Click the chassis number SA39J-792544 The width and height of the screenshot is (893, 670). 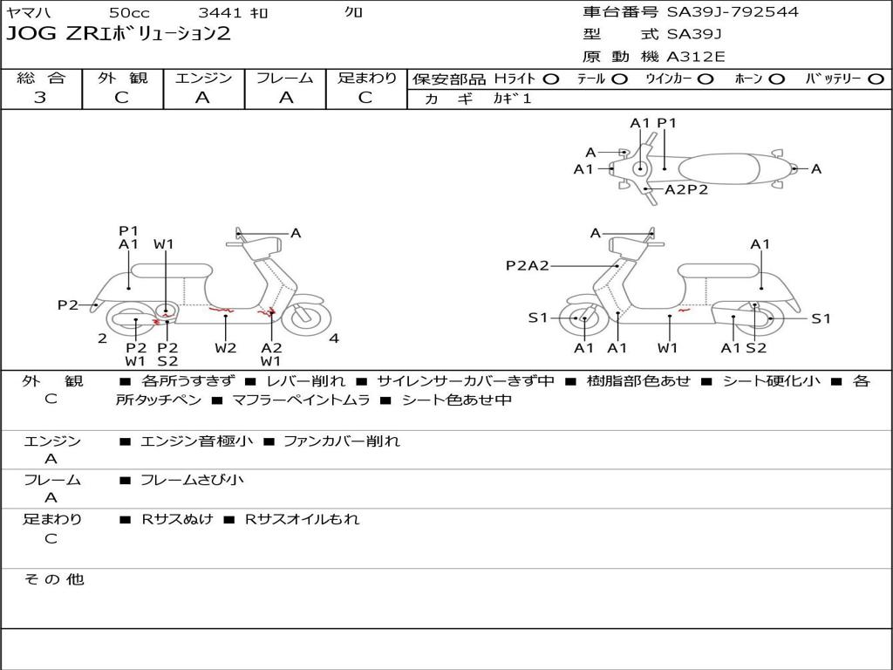(x=733, y=12)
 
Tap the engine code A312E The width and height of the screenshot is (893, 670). (x=695, y=57)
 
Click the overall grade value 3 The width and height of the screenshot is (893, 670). (x=39, y=98)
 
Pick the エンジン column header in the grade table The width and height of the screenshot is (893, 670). (x=203, y=78)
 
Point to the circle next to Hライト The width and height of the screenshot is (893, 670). (x=550, y=79)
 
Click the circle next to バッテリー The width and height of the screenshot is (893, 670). (x=876, y=79)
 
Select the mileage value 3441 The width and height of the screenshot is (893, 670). (x=219, y=12)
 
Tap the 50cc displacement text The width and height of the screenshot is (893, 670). (x=129, y=12)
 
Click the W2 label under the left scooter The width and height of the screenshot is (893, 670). (x=226, y=347)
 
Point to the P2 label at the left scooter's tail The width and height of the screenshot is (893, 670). (x=68, y=304)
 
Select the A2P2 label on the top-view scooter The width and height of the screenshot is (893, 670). (x=686, y=189)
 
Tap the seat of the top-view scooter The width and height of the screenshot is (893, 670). (x=719, y=169)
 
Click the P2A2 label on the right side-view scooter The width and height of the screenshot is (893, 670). (x=528, y=265)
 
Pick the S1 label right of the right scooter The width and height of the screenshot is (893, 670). (x=821, y=318)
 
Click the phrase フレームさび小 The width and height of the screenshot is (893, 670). (x=192, y=480)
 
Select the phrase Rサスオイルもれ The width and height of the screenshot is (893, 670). (x=302, y=519)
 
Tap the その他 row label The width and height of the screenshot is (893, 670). (x=54, y=579)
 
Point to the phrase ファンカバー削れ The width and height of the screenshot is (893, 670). (x=342, y=441)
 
